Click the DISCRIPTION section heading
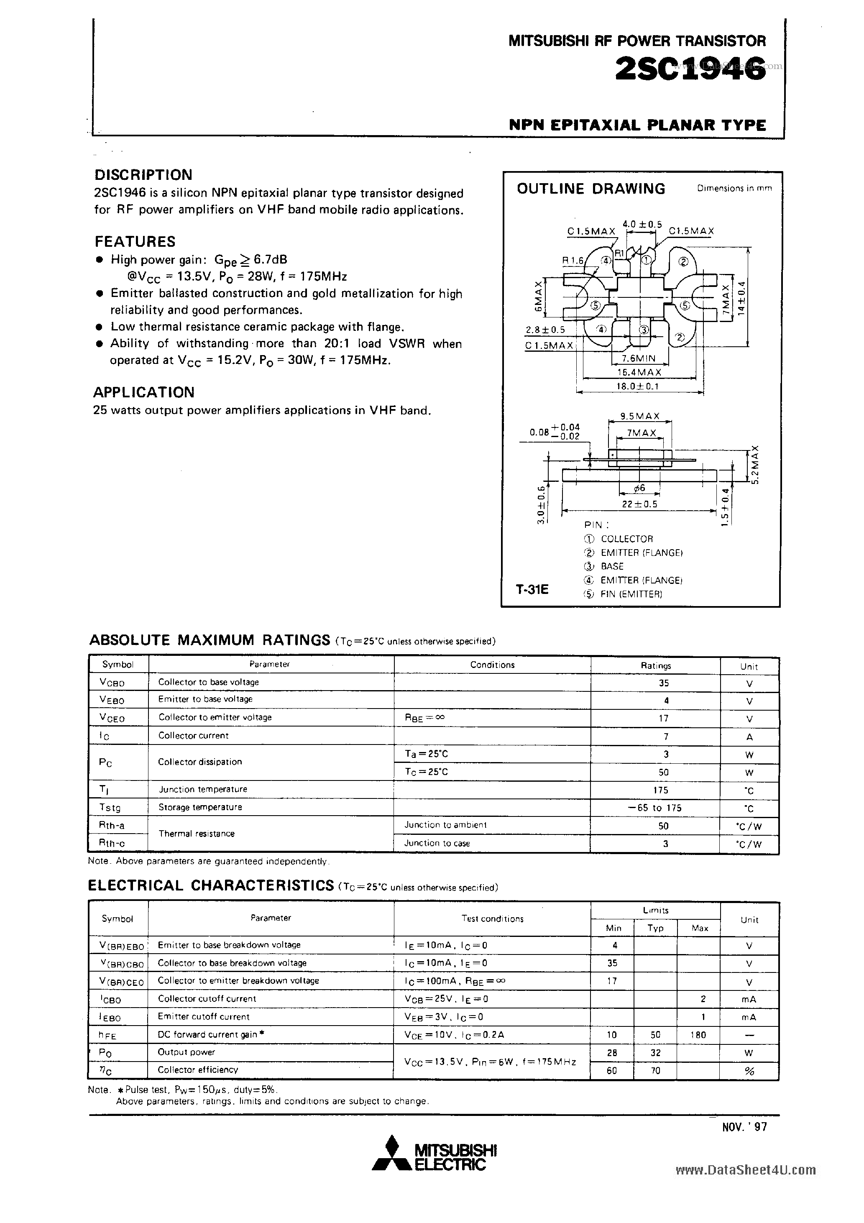tap(143, 175)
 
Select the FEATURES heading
tap(135, 241)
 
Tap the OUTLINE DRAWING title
tap(591, 189)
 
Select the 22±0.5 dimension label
tap(639, 503)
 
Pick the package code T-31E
tap(532, 590)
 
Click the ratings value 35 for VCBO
tap(663, 683)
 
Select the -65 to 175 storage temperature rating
tap(655, 808)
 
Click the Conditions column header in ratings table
tap(492, 665)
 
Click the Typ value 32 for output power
tap(656, 1052)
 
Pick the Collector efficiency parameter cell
tap(198, 1069)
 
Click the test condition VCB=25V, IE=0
tap(446, 999)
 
